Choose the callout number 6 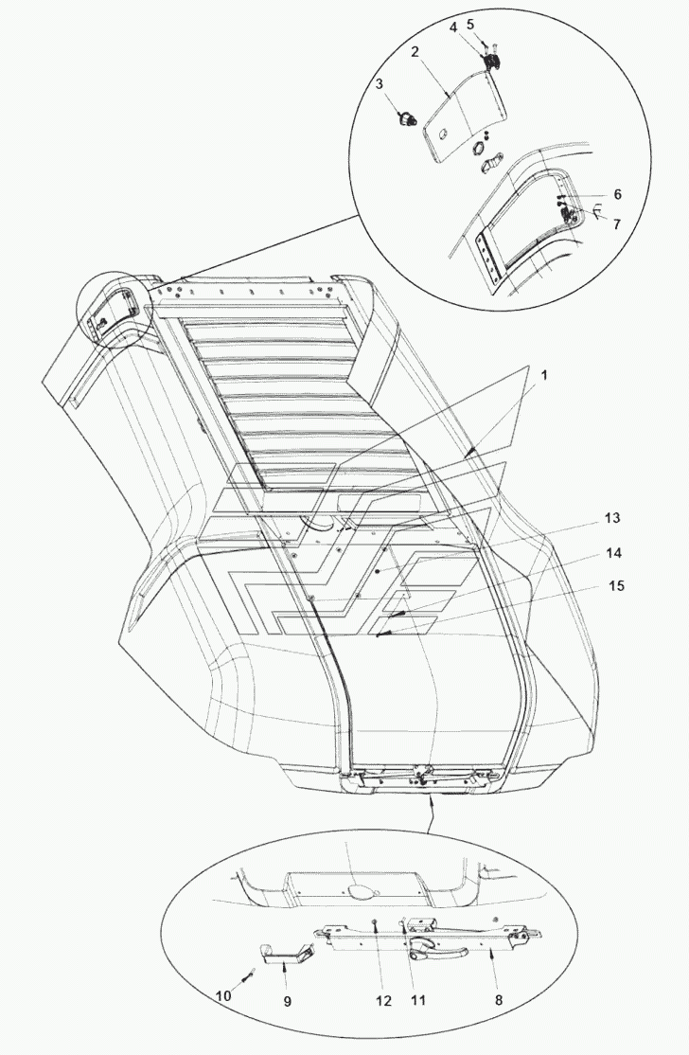616,193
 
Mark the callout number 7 616,224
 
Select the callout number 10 222,996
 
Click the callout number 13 613,518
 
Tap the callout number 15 616,586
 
